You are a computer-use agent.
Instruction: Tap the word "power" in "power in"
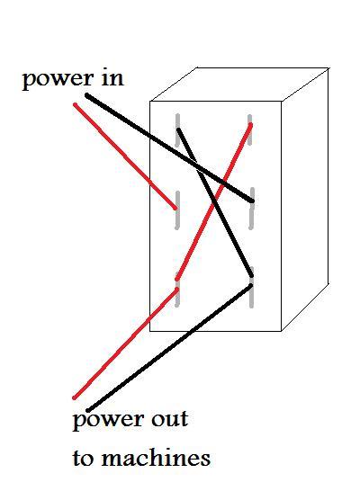click(58, 80)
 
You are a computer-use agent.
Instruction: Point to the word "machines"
click(156, 458)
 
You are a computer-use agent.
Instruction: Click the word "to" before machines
click(83, 459)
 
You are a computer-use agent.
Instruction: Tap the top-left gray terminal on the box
click(177, 129)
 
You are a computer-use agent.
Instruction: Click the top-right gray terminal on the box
click(249, 129)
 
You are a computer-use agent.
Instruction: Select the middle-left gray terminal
click(177, 210)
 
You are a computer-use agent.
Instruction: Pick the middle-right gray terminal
click(251, 209)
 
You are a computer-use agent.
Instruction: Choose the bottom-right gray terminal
click(251, 287)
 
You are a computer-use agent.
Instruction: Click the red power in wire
click(125, 156)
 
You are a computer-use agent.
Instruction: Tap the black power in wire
click(169, 147)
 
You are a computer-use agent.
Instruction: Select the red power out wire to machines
click(126, 344)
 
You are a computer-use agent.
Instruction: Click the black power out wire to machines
click(169, 348)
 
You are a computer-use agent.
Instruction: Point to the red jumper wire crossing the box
click(213, 202)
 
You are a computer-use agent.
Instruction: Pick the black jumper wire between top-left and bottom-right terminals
click(215, 202)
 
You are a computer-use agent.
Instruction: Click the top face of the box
click(238, 85)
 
